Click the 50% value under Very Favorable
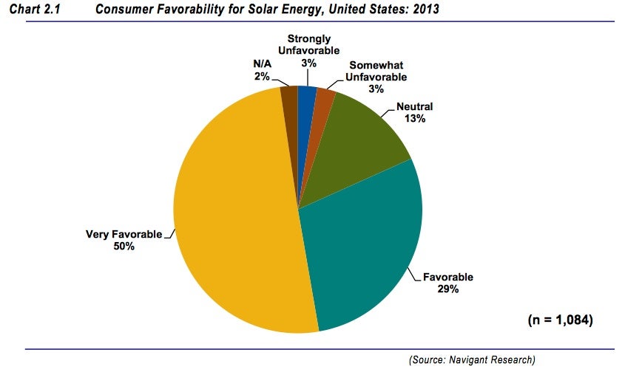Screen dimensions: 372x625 point(124,246)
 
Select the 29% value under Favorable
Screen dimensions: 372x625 point(448,289)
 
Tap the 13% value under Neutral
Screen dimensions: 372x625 point(414,117)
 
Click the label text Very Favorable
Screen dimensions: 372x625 point(124,234)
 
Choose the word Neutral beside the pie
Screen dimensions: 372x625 point(414,106)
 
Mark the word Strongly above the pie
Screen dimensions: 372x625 point(309,39)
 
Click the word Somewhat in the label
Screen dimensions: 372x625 point(376,65)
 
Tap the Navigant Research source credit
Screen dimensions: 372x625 point(472,359)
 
